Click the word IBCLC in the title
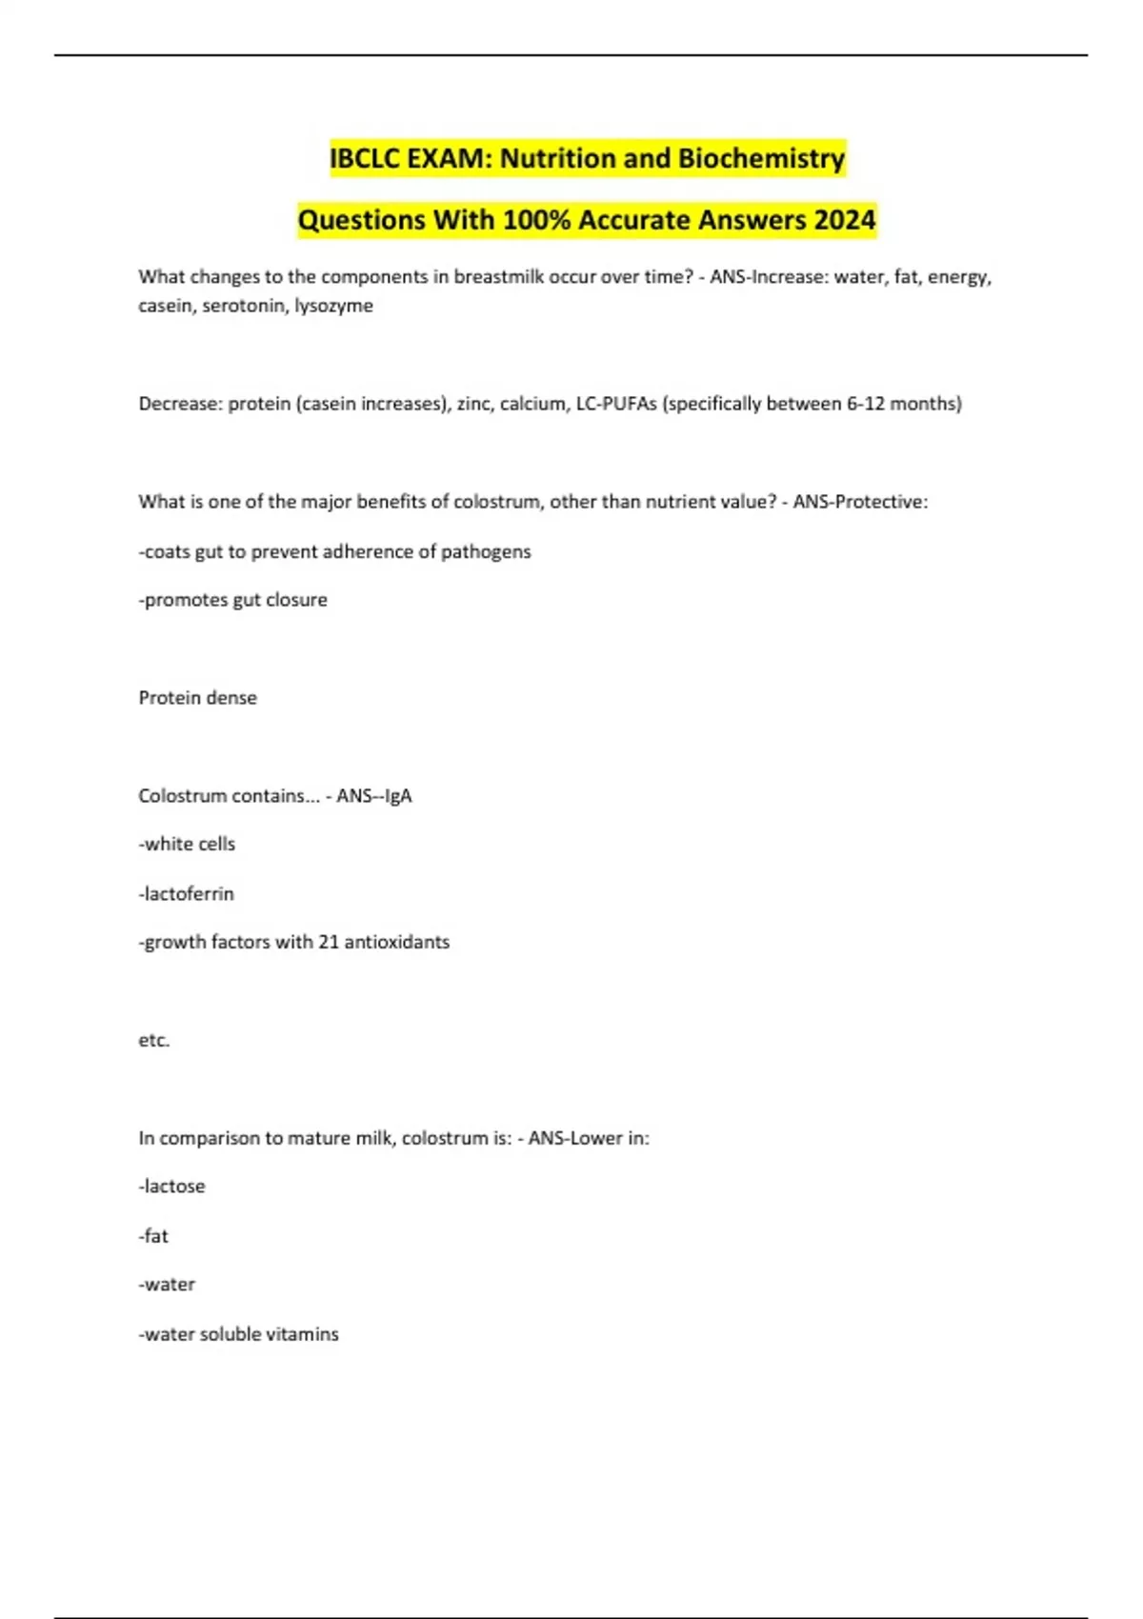coord(365,158)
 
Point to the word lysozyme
coord(333,306)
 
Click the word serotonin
coord(244,306)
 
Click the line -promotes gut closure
coord(233,600)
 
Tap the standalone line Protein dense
coord(198,698)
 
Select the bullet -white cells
coord(187,844)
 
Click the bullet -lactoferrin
coord(187,893)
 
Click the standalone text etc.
coord(154,1040)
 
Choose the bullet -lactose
coord(172,1187)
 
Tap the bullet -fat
coord(153,1236)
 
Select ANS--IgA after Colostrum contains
coord(374,796)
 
